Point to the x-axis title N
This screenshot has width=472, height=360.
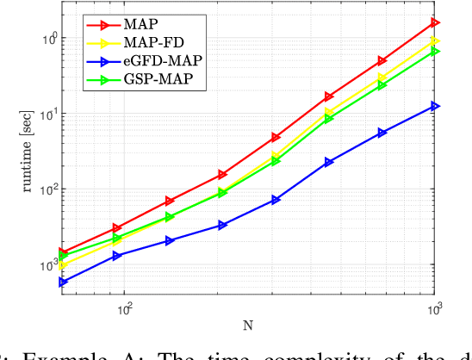pos(247,323)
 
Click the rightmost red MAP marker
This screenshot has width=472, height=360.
pos(435,22)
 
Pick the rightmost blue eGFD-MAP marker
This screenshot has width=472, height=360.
pos(435,106)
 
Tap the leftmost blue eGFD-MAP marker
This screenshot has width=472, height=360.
pos(62,282)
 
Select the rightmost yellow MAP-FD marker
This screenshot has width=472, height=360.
pos(435,41)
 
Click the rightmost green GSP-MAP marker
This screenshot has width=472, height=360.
pos(435,52)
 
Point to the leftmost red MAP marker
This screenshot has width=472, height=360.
pos(62,252)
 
